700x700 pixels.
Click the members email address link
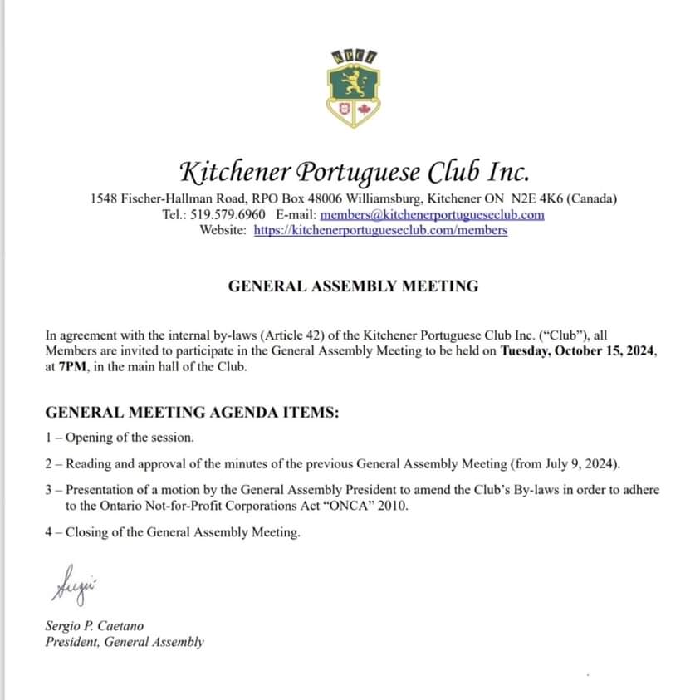[x=432, y=214]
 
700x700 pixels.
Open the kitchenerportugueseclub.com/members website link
[x=379, y=230]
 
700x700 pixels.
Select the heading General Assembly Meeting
[x=353, y=286]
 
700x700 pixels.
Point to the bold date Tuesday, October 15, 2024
[x=578, y=351]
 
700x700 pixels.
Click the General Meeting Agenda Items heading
[x=192, y=413]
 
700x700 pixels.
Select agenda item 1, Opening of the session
[x=120, y=438]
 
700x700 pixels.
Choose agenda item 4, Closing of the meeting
[x=173, y=532]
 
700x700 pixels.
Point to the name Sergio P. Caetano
[x=88, y=625]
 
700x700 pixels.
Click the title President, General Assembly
[x=125, y=641]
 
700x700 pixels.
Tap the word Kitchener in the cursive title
[x=235, y=172]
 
